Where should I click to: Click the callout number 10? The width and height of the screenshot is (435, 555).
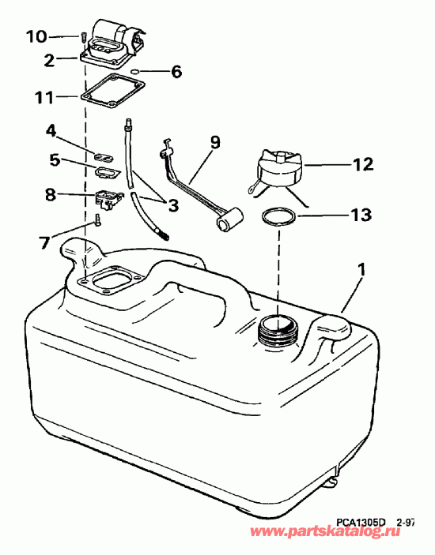coord(36,36)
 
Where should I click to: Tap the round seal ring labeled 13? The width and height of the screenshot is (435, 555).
coord(278,216)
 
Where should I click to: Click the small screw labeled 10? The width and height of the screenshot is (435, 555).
coord(82,36)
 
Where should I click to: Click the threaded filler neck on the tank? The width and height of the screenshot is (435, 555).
coord(278,328)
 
